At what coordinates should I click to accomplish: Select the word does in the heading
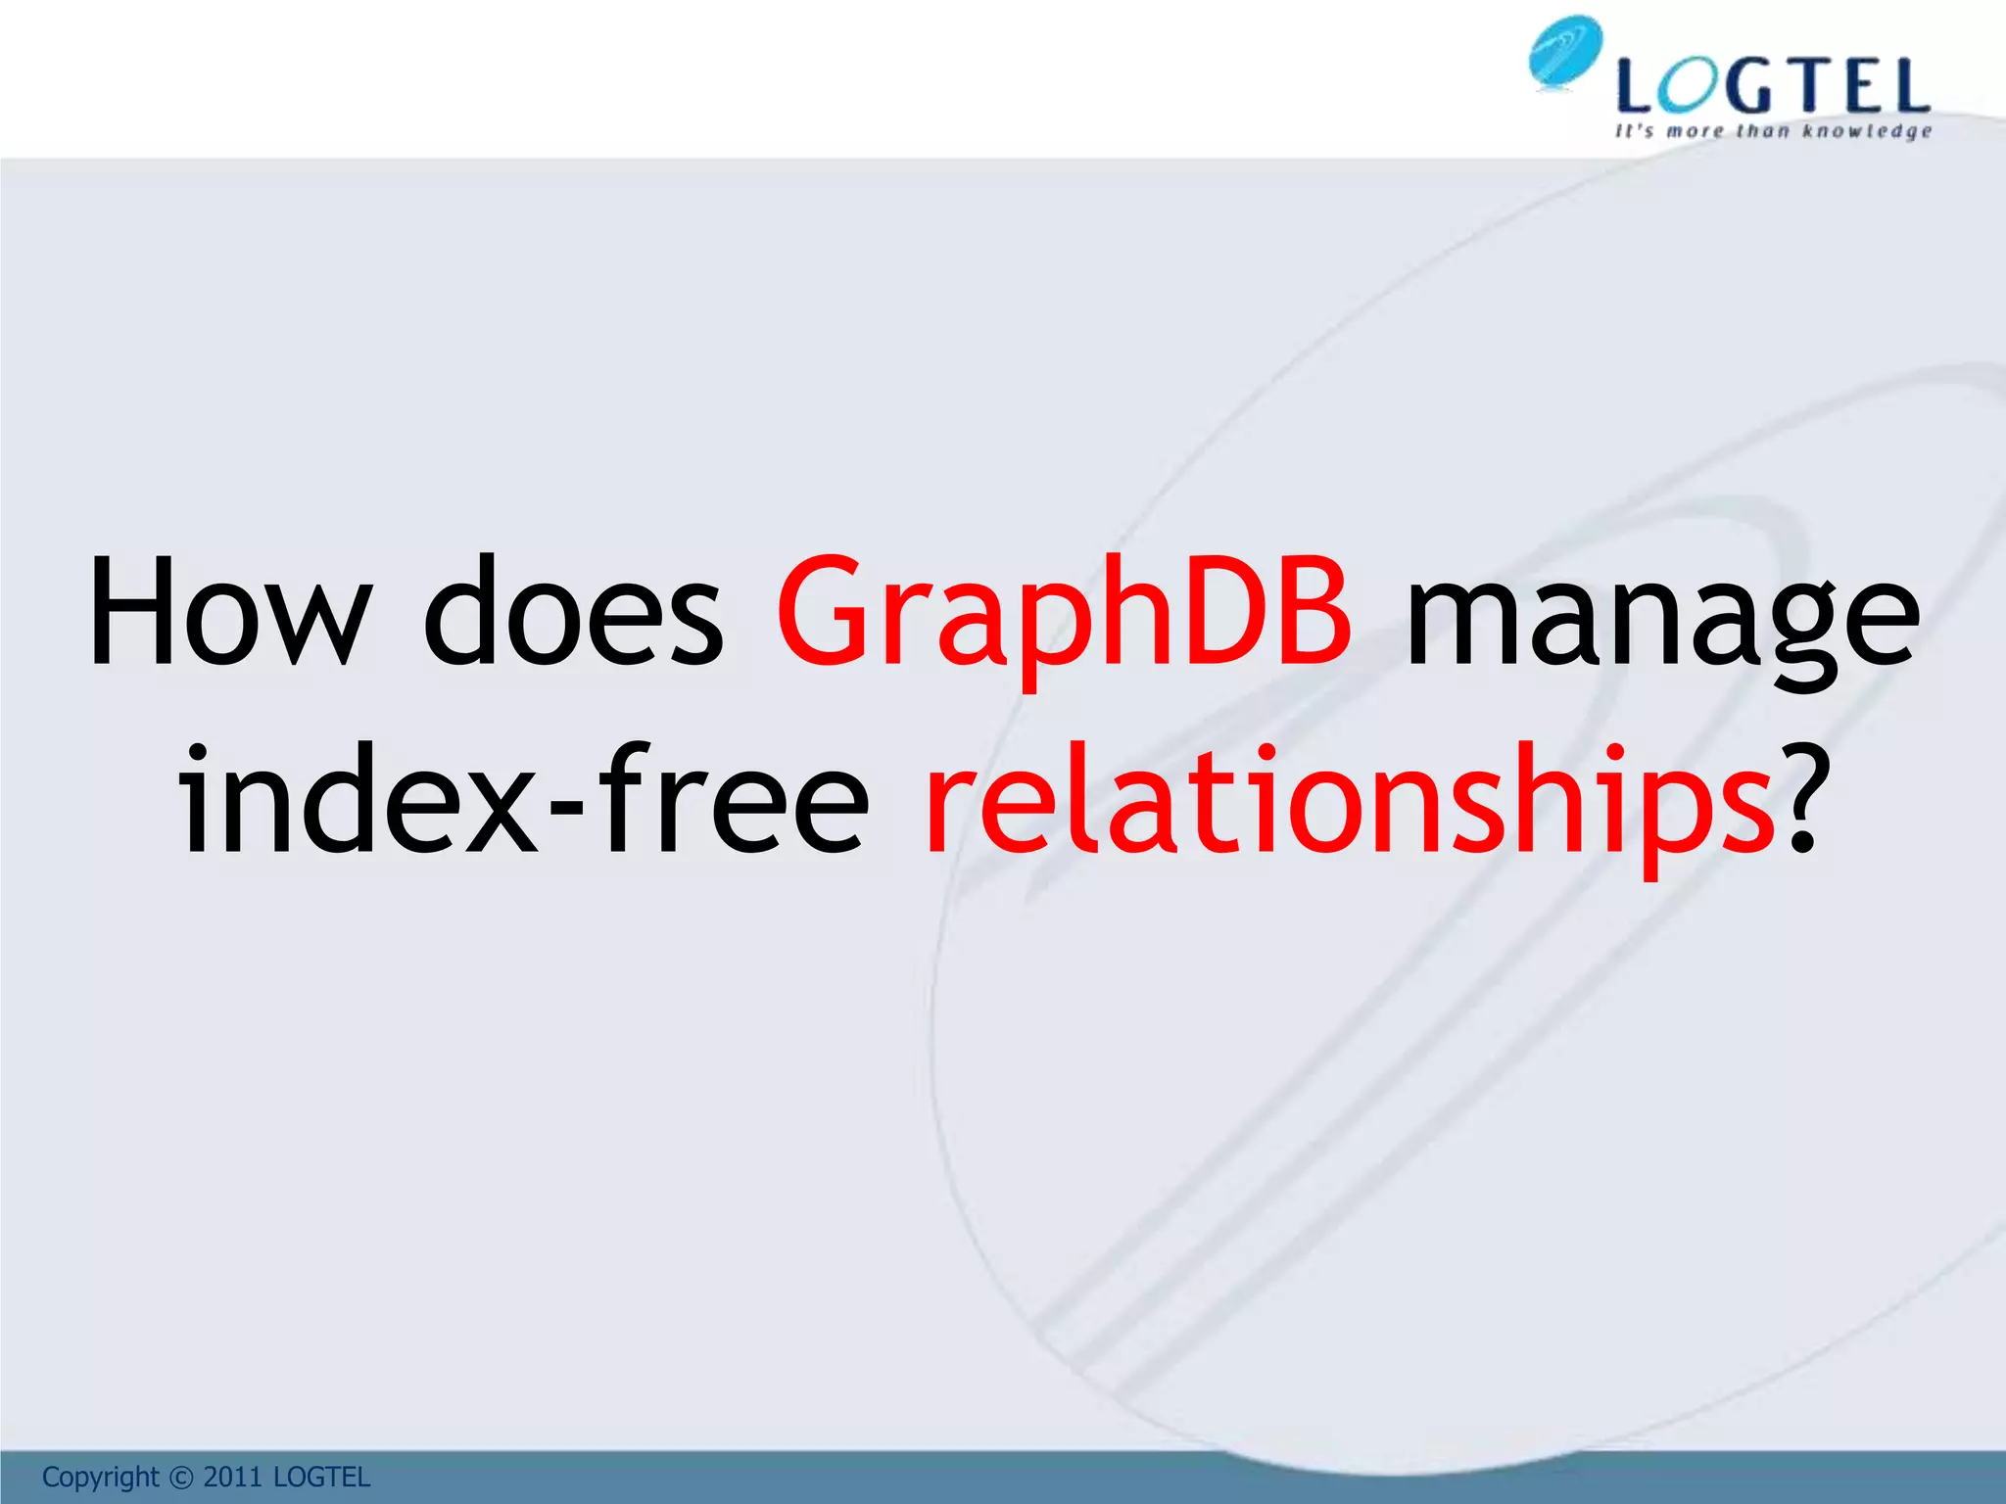573,611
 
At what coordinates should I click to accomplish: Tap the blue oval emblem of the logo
1564,53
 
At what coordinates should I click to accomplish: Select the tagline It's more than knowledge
1773,131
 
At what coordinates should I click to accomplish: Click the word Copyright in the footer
100,1477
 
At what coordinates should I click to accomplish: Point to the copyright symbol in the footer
182,1478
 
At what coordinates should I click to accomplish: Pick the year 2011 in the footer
233,1478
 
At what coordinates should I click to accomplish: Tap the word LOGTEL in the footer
321,1478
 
